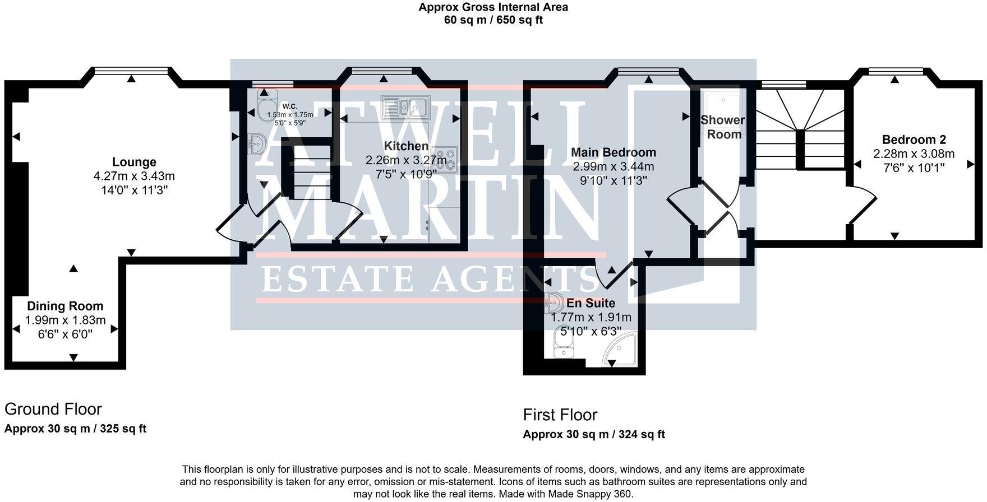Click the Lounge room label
pyautogui.click(x=134, y=162)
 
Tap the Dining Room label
pyautogui.click(x=66, y=306)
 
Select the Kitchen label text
pyautogui.click(x=406, y=146)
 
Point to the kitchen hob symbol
pyautogui.click(x=447, y=160)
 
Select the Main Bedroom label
pyautogui.click(x=613, y=152)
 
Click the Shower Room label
pyautogui.click(x=723, y=127)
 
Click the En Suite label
pyautogui.click(x=591, y=303)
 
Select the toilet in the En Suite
pyautogui.click(x=562, y=343)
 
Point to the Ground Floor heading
pyautogui.click(x=53, y=409)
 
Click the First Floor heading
pyautogui.click(x=560, y=415)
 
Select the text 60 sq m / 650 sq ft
pyautogui.click(x=493, y=20)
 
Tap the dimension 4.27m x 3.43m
pyautogui.click(x=134, y=176)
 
